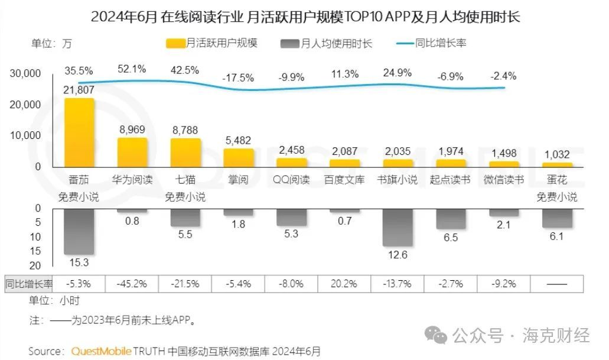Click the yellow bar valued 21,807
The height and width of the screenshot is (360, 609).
[79, 132]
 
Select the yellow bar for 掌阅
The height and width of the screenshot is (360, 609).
[239, 157]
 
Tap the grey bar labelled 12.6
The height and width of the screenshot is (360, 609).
[398, 227]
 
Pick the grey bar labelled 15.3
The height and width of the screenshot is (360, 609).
[79, 231]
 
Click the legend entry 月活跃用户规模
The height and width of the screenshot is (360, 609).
[212, 43]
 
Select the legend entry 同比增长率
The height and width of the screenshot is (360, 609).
[431, 43]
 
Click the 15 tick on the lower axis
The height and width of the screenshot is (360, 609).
[35, 251]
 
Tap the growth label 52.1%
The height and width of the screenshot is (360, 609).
[132, 69]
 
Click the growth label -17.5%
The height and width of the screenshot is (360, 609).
[238, 77]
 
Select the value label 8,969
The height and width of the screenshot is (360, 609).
[132, 129]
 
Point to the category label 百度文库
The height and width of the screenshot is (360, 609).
[344, 180]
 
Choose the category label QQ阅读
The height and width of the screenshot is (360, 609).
[291, 180]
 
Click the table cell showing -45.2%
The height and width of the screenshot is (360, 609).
[132, 283]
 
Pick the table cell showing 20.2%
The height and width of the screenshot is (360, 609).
[344, 283]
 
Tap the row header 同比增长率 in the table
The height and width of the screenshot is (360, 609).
[29, 283]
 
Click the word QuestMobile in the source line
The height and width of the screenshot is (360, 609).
[98, 351]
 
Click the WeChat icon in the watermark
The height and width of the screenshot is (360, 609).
[439, 336]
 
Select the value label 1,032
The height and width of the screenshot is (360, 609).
[557, 154]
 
